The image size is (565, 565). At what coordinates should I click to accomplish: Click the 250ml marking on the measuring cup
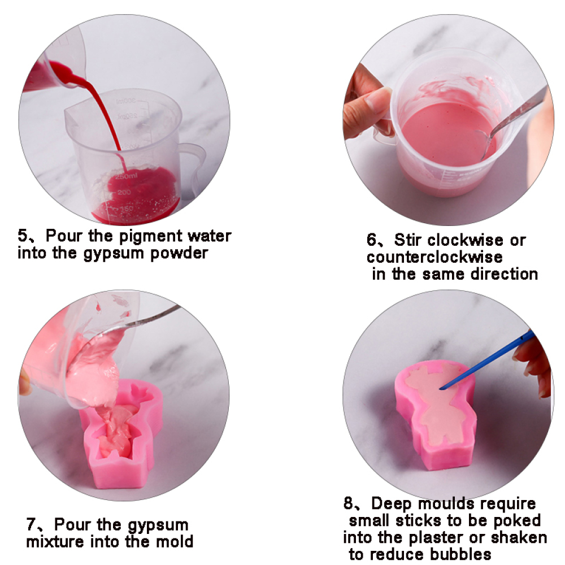[x=126, y=177]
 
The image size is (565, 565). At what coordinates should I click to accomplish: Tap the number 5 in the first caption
[x=23, y=236]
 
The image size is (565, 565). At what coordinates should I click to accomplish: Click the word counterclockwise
[x=434, y=257]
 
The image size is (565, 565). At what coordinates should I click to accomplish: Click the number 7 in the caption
[x=32, y=525]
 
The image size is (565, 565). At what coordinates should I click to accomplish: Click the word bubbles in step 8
[x=463, y=553]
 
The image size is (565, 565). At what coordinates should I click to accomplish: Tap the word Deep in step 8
[x=390, y=503]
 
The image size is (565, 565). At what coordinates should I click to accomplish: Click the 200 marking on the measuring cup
[x=124, y=193]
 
